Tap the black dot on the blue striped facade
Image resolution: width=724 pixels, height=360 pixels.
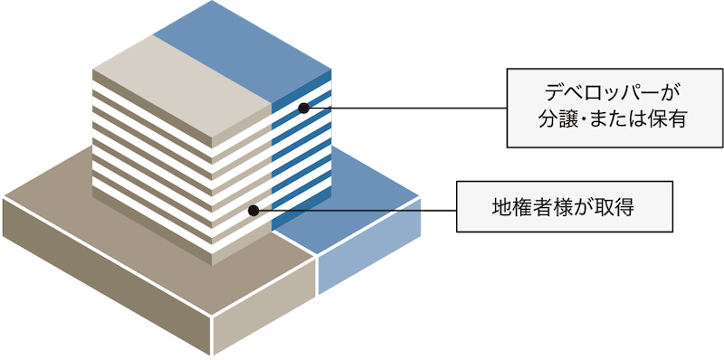(304, 109)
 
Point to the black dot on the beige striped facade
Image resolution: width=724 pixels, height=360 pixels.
(253, 210)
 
